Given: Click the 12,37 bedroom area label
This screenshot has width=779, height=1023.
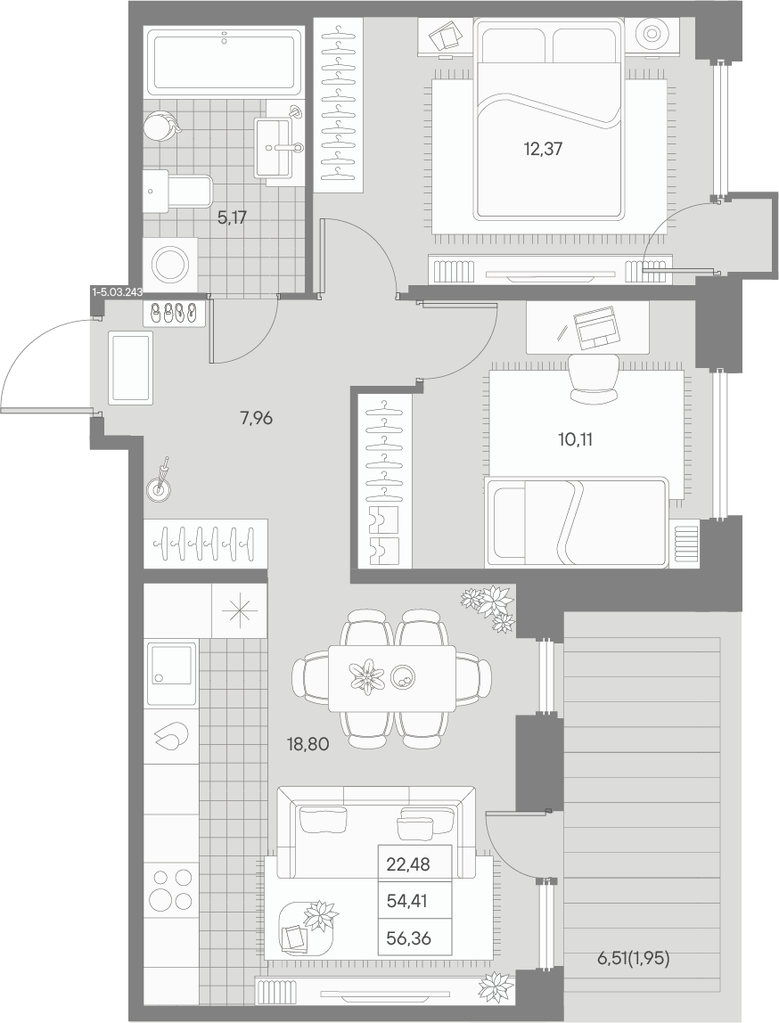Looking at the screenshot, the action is (x=543, y=150).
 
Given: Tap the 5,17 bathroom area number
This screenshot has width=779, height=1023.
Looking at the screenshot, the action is (x=233, y=217).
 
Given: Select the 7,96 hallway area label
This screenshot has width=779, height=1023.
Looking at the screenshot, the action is (x=257, y=418).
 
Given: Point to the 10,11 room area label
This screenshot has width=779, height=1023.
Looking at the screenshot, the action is (x=576, y=439).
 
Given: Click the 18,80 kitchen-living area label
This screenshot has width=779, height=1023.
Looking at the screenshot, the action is (x=308, y=742).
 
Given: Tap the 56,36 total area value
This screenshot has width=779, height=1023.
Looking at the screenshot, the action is (x=409, y=938).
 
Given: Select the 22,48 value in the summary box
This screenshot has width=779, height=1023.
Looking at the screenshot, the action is (x=408, y=864).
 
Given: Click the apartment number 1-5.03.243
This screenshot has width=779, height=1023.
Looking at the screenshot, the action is (x=118, y=292).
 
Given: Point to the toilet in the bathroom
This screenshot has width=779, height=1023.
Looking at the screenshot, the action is (x=176, y=192).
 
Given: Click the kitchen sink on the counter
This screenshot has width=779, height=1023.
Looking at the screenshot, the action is (x=171, y=674).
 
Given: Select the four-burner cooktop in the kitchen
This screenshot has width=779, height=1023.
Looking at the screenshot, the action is (x=170, y=890).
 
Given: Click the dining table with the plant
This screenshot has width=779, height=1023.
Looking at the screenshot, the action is (x=391, y=678).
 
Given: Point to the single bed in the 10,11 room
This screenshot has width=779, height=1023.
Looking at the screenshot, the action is (x=576, y=522).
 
